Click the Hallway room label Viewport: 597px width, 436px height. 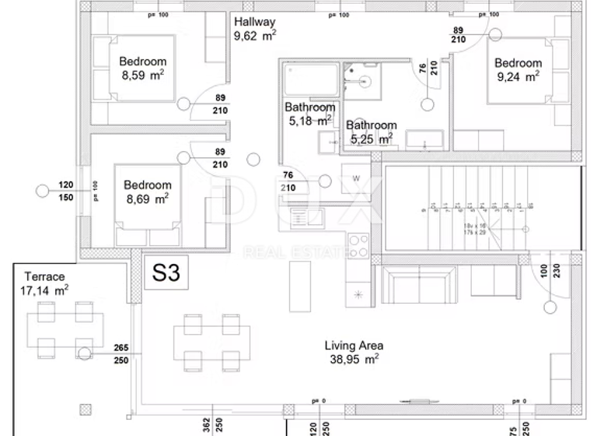click(254, 22)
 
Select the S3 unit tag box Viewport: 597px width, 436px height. click(166, 272)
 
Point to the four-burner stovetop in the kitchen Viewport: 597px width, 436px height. click(358, 245)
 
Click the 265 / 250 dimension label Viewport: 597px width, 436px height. click(120, 353)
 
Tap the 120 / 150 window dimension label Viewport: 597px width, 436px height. click(65, 191)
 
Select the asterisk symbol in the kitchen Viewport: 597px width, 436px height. click(358, 294)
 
